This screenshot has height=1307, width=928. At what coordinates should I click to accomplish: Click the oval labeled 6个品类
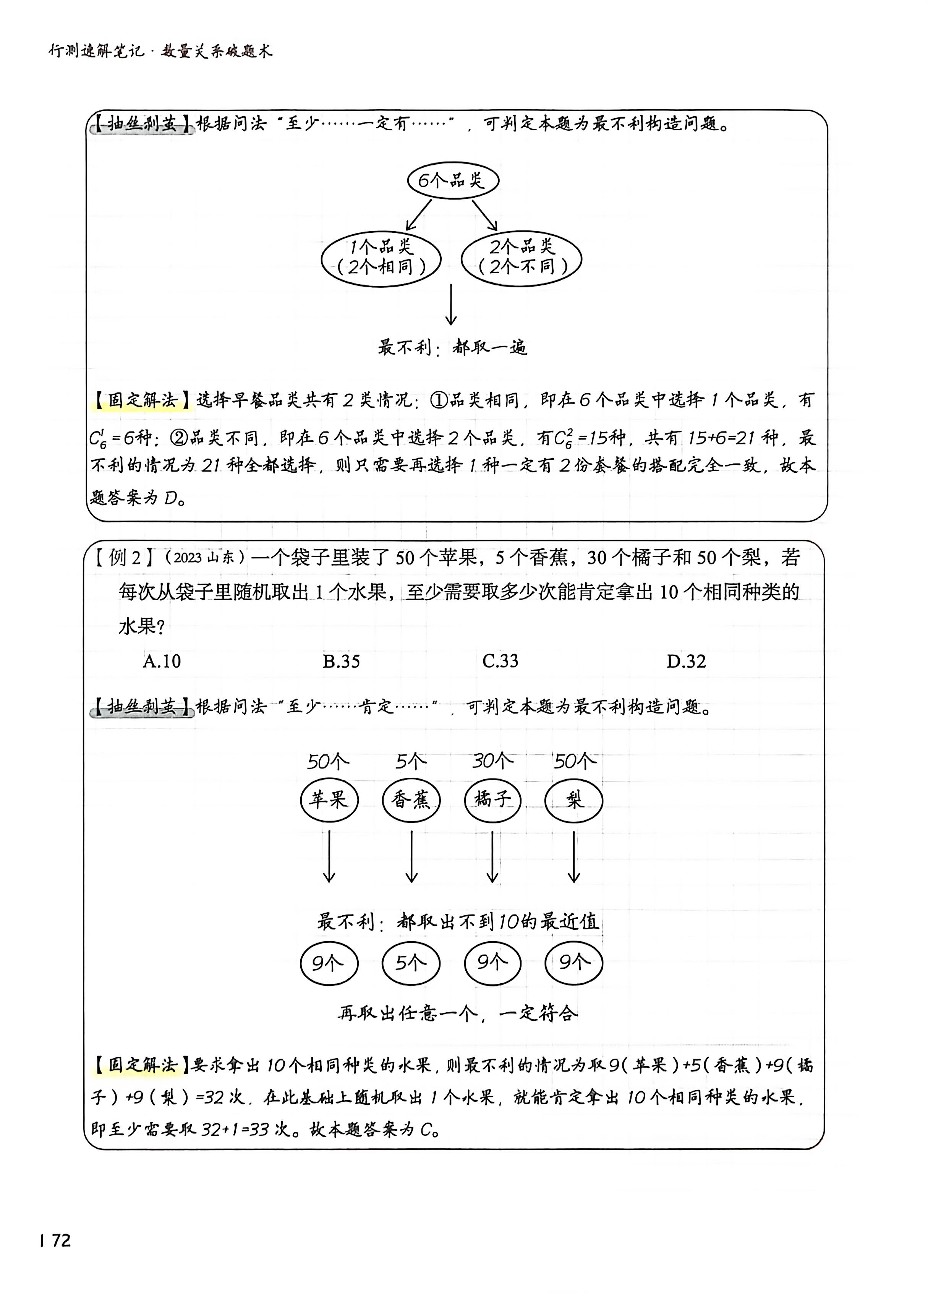pos(453,181)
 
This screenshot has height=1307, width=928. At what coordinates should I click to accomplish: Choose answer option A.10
pos(162,661)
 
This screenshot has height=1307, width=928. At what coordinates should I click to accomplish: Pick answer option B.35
pos(341,661)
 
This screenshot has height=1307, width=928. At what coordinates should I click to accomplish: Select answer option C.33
pos(500,661)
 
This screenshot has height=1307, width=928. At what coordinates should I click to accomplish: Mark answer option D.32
pos(686,661)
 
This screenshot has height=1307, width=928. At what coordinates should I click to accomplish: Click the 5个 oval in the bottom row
pos(411,963)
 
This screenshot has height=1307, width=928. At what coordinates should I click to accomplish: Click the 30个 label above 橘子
pos(492,761)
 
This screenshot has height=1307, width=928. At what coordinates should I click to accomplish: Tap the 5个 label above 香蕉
pos(411,761)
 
